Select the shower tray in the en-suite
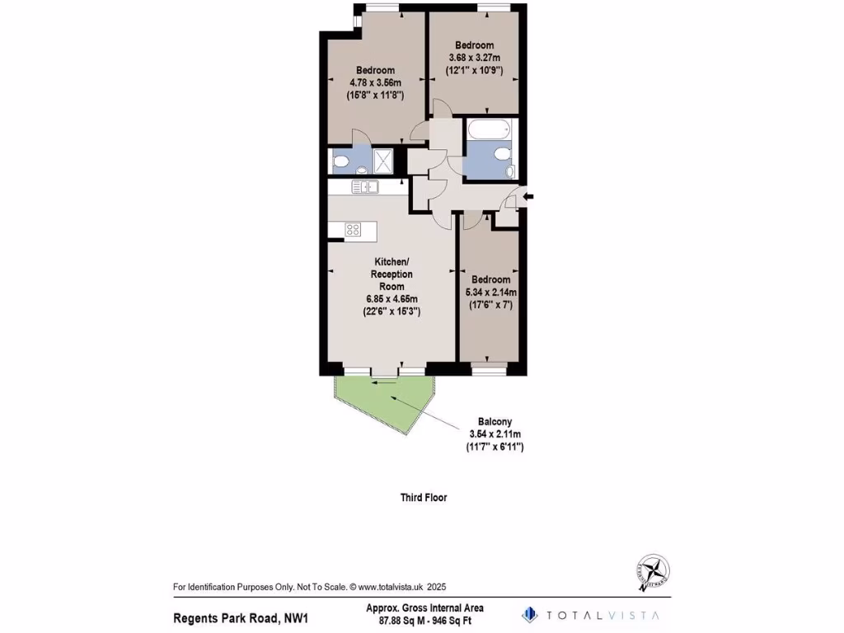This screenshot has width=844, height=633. [x=383, y=160]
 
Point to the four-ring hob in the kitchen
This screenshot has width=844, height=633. [x=353, y=230]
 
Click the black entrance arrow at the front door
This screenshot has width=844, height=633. [x=528, y=196]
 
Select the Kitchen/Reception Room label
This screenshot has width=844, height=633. [x=392, y=274]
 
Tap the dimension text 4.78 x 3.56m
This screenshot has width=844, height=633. [x=375, y=82]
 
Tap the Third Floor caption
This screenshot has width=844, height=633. [x=424, y=498]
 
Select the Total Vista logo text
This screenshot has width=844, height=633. [x=601, y=615]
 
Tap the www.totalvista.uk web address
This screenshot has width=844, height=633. [x=390, y=588]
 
